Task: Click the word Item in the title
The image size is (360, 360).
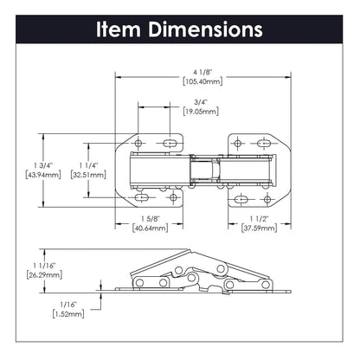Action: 120,29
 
